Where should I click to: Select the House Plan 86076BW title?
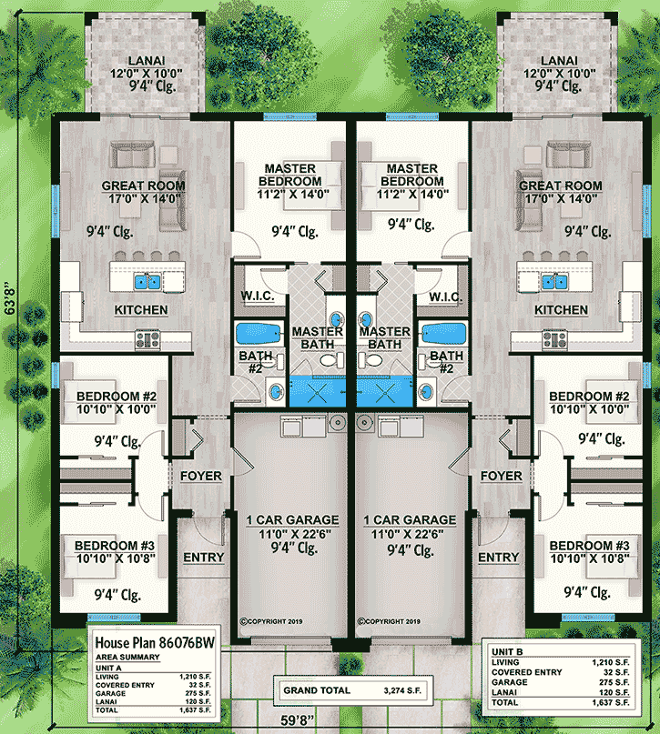point(143,641)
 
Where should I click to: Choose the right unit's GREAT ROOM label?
point(560,186)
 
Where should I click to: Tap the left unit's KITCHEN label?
point(140,310)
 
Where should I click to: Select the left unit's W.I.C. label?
point(258,297)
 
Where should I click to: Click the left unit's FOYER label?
point(200,476)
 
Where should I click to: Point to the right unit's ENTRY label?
point(498,558)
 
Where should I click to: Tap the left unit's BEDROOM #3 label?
point(117,545)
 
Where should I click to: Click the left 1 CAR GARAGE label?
point(292,520)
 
